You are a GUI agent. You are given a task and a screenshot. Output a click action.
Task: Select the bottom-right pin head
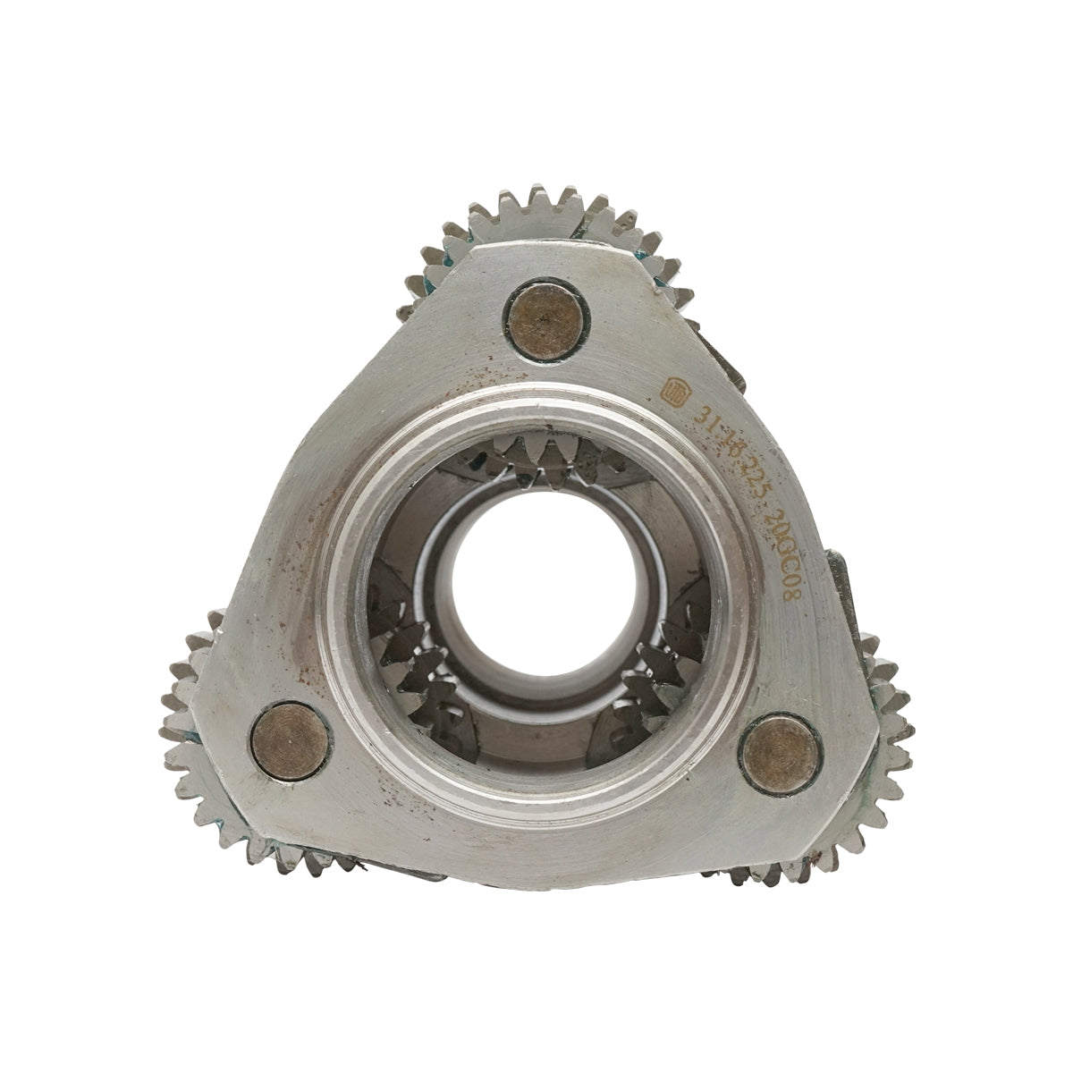[x=781, y=752]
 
